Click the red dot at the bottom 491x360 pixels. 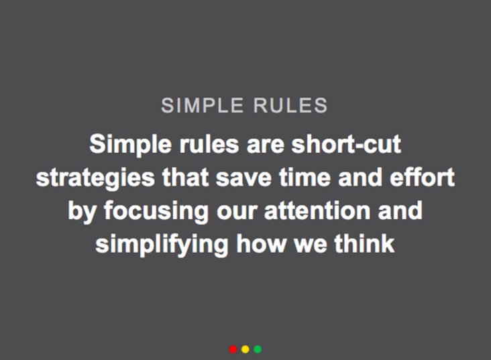coord(233,349)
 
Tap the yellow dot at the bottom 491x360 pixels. coord(245,349)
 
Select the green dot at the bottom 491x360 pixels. coord(258,349)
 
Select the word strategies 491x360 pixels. coord(95,178)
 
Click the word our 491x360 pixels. coord(239,211)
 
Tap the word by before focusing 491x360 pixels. coord(81,211)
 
